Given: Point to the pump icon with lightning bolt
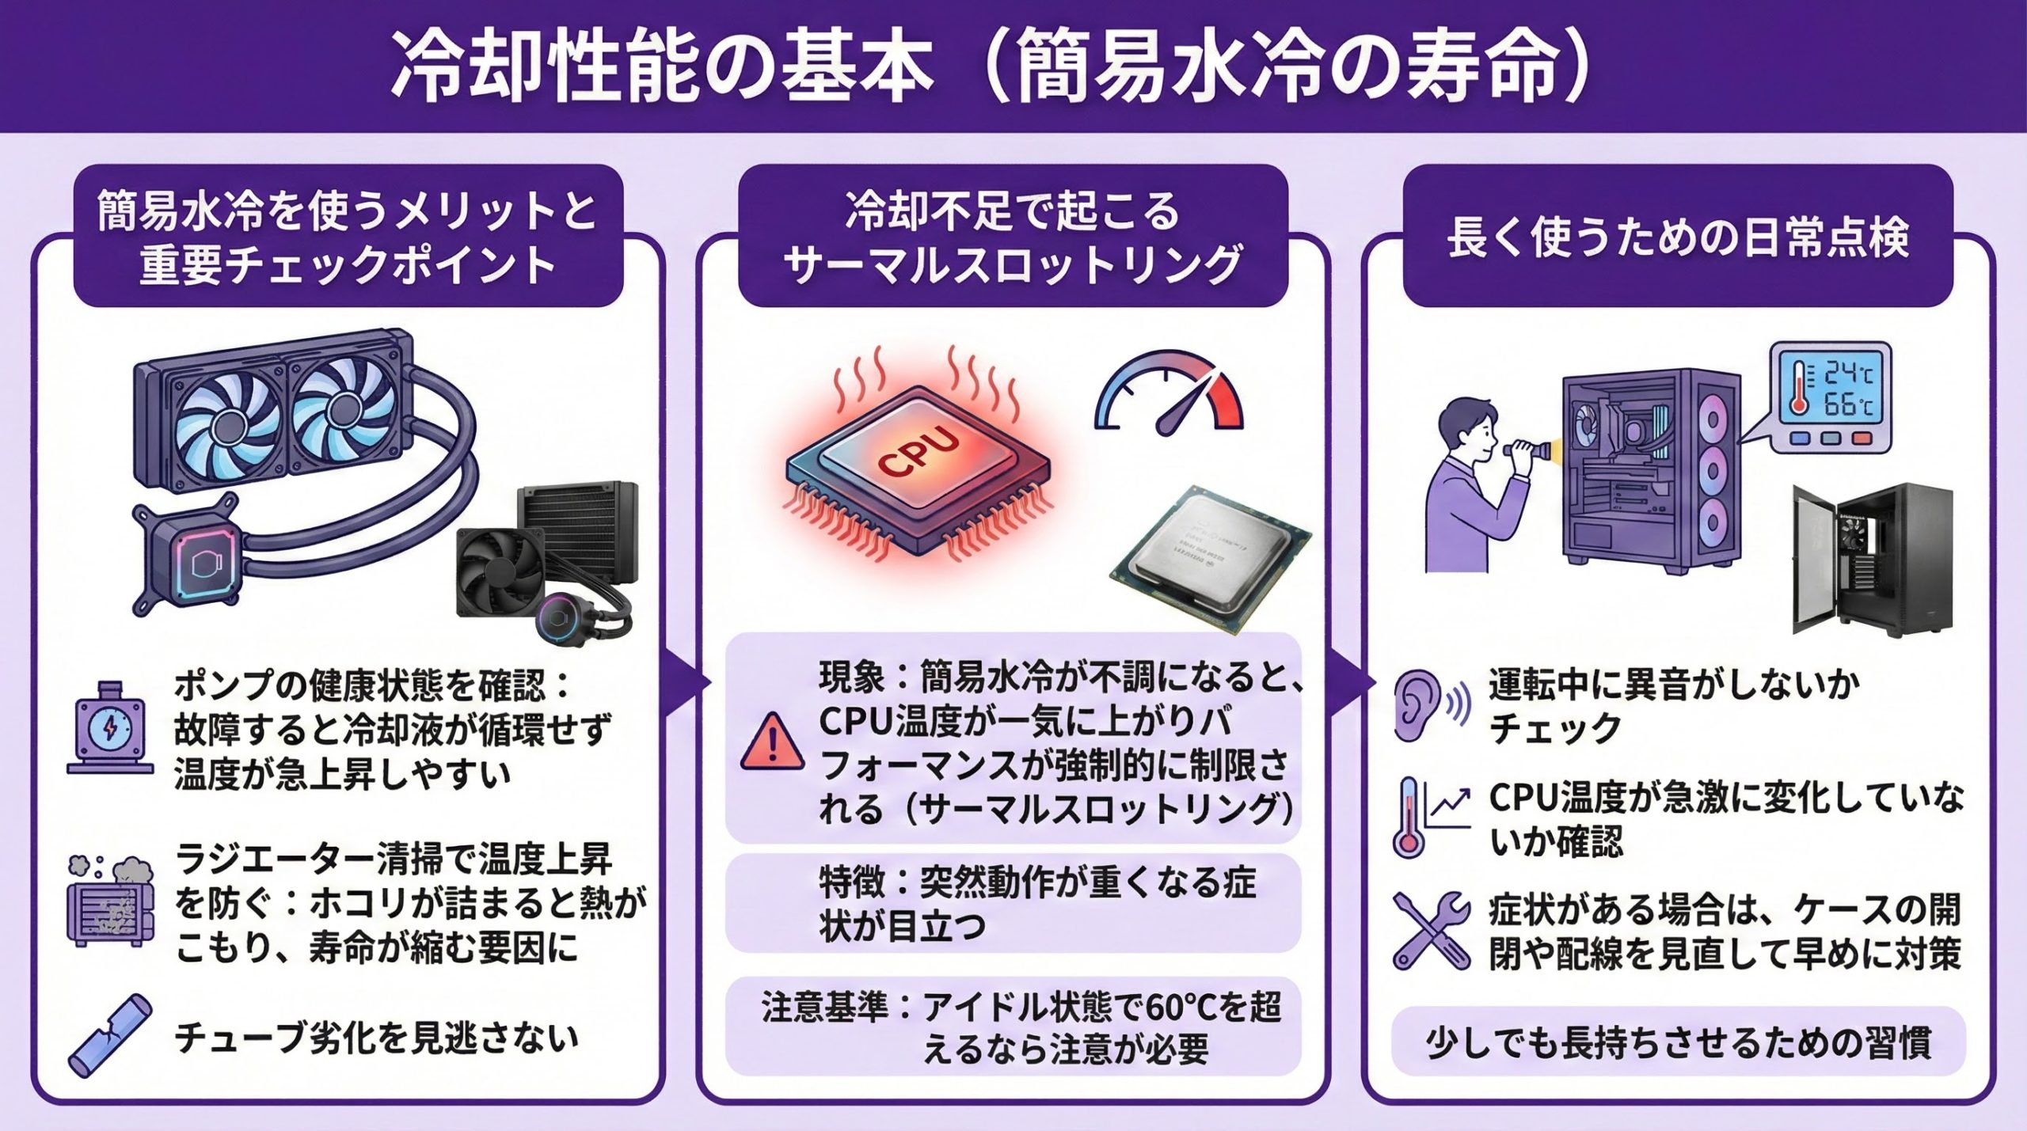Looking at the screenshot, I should coord(110,728).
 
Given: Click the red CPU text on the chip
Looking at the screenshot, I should coord(918,453).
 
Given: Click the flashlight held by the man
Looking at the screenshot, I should coord(1523,450).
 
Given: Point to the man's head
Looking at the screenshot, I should coord(1465,428).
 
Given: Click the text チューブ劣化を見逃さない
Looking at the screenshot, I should coord(376,1038).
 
